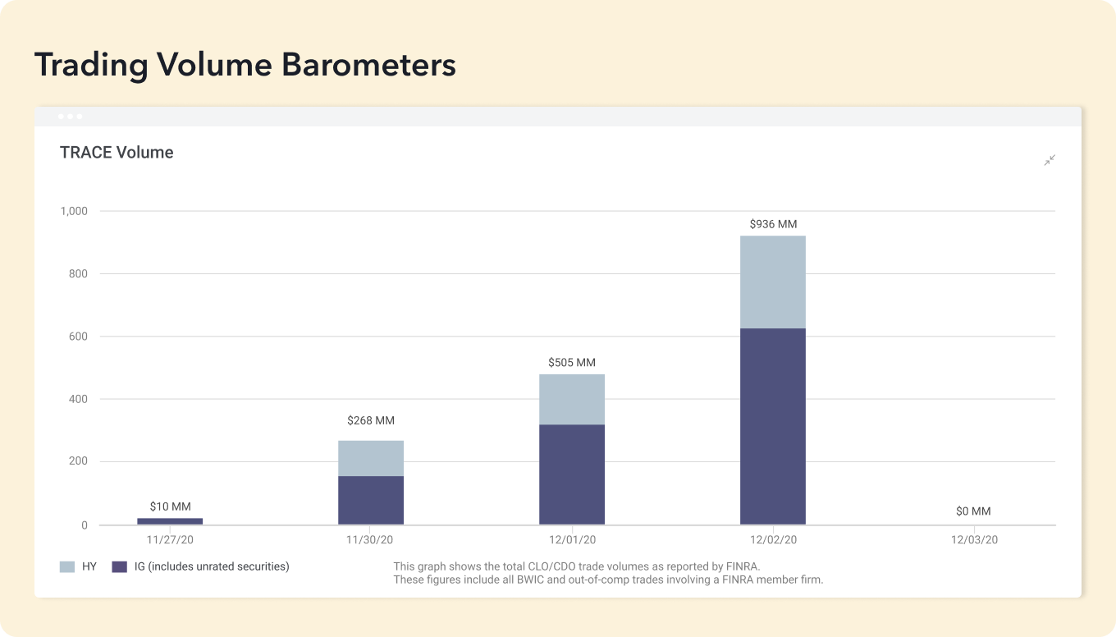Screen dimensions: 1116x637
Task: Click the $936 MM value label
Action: tap(773, 224)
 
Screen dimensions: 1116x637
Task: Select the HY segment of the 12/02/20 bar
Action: tap(773, 282)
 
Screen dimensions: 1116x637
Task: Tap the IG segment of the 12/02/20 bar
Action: tap(773, 426)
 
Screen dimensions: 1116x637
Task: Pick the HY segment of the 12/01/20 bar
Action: tap(572, 399)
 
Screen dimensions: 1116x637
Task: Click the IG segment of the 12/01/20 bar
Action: tap(572, 474)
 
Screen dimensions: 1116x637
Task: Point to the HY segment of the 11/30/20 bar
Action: tap(371, 458)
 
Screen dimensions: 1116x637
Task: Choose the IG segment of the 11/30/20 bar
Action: tap(371, 500)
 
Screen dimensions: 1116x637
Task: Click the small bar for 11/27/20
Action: tap(170, 521)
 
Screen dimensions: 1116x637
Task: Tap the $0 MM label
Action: tap(973, 511)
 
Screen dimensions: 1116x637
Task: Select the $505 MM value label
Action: tap(572, 363)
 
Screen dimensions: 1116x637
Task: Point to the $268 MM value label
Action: tap(371, 420)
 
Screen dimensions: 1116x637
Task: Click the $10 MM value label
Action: tap(170, 507)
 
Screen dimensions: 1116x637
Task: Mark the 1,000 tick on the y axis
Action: tap(74, 211)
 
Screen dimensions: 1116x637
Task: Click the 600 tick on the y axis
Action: tap(78, 337)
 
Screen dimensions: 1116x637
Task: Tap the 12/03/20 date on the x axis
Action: tap(974, 540)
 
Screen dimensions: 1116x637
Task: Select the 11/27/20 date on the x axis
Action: tap(170, 540)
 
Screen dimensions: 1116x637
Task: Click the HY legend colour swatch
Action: tap(67, 566)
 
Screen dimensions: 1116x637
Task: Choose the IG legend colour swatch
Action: tap(120, 566)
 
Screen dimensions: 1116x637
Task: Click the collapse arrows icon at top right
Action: tap(1050, 160)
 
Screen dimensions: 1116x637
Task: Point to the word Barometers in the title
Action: tap(368, 65)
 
